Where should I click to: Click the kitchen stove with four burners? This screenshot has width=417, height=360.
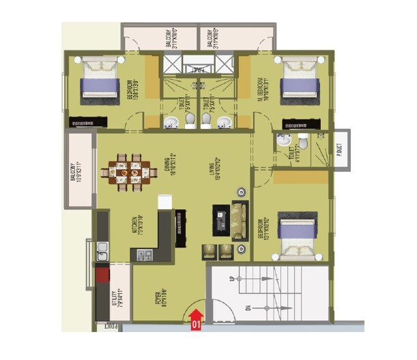tap(144, 255)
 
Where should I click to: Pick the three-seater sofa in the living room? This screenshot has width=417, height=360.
tap(240, 220)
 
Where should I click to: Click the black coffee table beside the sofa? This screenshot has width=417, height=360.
tap(222, 220)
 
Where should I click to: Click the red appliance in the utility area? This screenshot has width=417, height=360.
tap(102, 276)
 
